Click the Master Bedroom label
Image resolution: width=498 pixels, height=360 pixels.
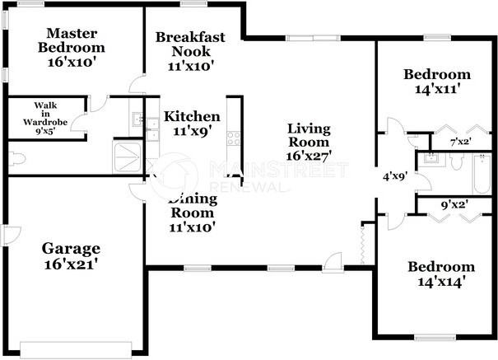point(72,47)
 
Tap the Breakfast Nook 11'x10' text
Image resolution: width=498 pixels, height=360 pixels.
point(190,51)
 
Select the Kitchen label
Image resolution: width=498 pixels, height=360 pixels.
point(192,124)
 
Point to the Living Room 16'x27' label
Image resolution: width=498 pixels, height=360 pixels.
point(309,143)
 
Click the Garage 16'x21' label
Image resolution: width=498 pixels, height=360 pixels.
point(71,256)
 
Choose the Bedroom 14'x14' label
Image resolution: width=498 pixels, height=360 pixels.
point(441,274)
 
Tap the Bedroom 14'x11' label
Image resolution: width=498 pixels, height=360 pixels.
point(437,82)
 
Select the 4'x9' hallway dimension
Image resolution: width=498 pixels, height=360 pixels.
point(395,176)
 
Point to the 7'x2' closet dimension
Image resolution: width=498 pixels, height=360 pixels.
point(460,142)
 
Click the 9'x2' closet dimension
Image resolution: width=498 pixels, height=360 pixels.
point(455,205)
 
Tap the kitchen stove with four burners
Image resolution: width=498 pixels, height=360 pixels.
point(234,138)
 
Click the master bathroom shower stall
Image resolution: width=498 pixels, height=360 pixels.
point(127,157)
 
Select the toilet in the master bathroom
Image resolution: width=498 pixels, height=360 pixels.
point(16,158)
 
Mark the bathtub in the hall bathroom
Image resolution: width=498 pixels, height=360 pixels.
point(482,174)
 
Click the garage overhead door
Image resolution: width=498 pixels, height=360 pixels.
point(76,350)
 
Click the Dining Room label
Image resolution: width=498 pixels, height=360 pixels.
point(193,213)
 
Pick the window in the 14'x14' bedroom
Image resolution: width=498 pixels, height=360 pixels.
point(435,338)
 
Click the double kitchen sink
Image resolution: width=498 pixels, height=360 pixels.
point(152,129)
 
